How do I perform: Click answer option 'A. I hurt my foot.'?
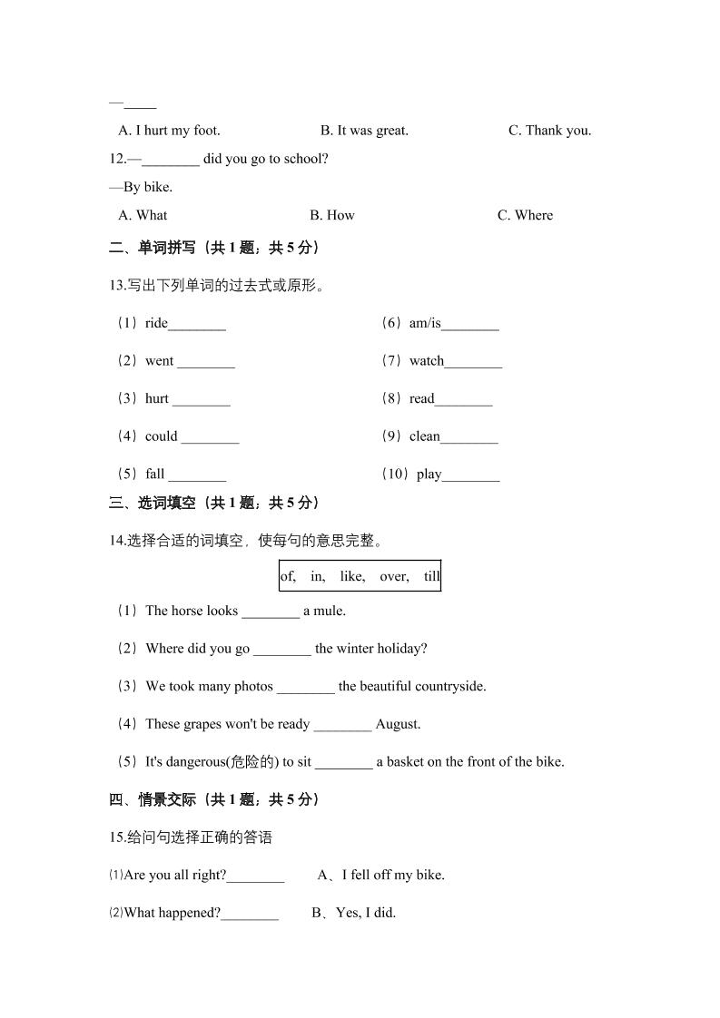point(169,131)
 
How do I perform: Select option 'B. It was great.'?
point(364,131)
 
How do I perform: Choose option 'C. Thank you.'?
point(549,131)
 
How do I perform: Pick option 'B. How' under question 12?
point(331,215)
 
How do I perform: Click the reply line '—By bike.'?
point(141,187)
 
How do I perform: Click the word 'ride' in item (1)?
point(156,323)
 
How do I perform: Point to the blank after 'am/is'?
point(470,325)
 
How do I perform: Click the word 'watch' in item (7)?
point(427,361)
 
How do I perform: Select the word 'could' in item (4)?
point(162,436)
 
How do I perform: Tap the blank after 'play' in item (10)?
point(471,475)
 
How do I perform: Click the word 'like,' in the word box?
point(352,576)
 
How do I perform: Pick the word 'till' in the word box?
point(431,576)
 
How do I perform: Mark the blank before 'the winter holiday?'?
point(281,650)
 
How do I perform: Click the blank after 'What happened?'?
point(250,915)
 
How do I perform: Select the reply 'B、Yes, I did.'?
point(354,913)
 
